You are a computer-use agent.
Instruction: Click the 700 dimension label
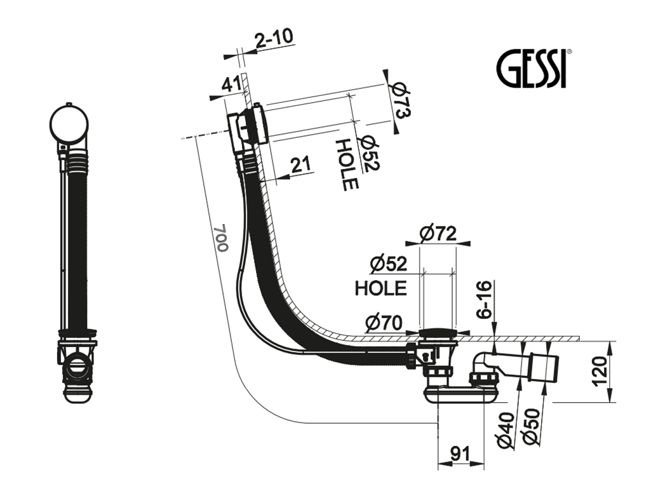(x=220, y=238)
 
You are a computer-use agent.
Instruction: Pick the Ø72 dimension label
(x=438, y=234)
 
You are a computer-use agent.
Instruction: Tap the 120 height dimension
(x=601, y=372)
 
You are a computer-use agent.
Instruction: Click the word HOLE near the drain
(x=380, y=288)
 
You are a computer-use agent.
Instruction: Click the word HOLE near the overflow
(x=348, y=165)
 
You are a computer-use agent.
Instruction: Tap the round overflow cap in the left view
(x=70, y=123)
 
